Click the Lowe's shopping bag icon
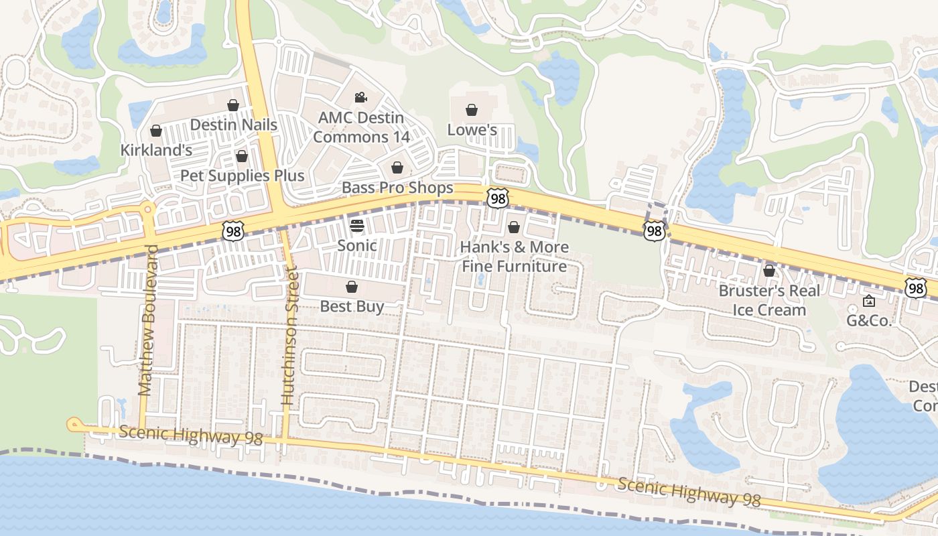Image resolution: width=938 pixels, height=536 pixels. pyautogui.click(x=472, y=110)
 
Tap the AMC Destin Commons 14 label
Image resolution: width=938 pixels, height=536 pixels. pyautogui.click(x=360, y=127)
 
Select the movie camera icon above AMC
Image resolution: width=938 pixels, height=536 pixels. pyautogui.click(x=360, y=98)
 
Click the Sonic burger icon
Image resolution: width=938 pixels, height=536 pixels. pyautogui.click(x=357, y=225)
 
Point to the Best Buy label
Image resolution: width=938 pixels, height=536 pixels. pyautogui.click(x=352, y=307)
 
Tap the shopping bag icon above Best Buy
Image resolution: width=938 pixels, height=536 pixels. pyautogui.click(x=352, y=287)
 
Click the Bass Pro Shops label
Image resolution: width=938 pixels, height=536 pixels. pyautogui.click(x=397, y=188)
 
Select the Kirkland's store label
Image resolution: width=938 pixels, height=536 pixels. pyautogui.click(x=156, y=150)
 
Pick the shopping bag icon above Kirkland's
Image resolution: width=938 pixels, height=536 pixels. pyautogui.click(x=156, y=131)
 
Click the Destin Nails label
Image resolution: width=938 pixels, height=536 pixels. pyautogui.click(x=233, y=125)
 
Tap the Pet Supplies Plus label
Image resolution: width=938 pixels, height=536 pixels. pyautogui.click(x=243, y=176)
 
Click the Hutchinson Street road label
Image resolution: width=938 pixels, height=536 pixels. pyautogui.click(x=289, y=335)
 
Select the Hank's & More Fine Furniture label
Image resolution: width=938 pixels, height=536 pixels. pyautogui.click(x=514, y=257)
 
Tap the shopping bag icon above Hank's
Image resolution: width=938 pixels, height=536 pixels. pyautogui.click(x=514, y=228)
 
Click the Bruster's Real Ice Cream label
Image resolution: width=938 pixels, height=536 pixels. pyautogui.click(x=769, y=300)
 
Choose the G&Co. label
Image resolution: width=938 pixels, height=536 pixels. pyautogui.click(x=869, y=320)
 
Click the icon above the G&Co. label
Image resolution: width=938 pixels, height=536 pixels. pyautogui.click(x=869, y=301)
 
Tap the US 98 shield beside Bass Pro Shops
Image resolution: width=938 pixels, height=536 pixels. pyautogui.click(x=498, y=198)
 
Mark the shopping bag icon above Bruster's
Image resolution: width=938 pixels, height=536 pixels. pyautogui.click(x=769, y=271)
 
